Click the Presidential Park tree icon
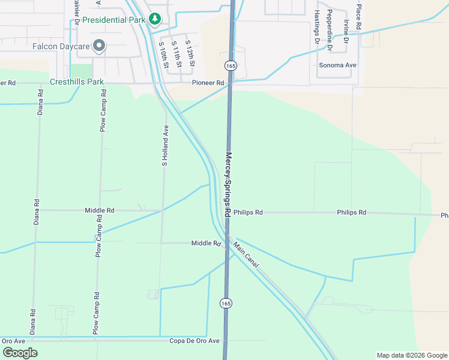(x=155, y=19)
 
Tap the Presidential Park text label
(x=114, y=19)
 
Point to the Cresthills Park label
(x=77, y=82)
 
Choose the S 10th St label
(x=163, y=55)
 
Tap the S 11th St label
(x=175, y=52)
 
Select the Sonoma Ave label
(x=338, y=65)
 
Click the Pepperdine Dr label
(x=330, y=26)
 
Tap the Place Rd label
(x=358, y=17)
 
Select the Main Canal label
(x=246, y=255)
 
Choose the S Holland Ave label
(x=164, y=145)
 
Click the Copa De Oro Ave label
(x=198, y=341)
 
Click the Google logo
(x=20, y=353)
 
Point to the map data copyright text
(x=411, y=355)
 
